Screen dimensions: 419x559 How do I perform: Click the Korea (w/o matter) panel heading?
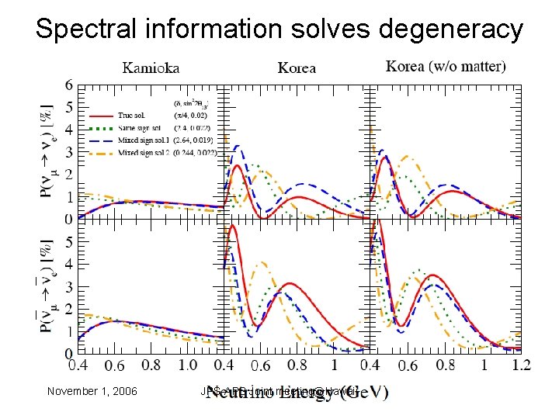click(446, 67)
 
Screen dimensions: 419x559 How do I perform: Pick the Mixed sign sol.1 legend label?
click(141, 140)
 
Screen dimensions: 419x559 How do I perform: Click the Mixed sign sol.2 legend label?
click(141, 151)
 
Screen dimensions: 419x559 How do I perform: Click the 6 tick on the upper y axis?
click(70, 85)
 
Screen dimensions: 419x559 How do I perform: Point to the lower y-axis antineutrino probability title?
click(49, 287)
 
